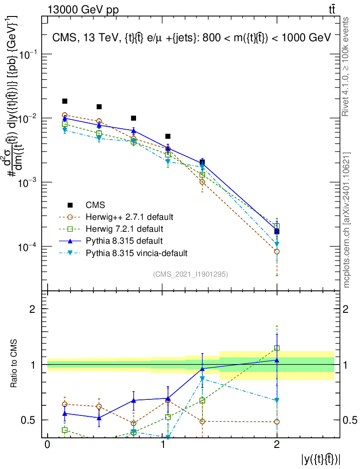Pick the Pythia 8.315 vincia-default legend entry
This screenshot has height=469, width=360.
click(136, 252)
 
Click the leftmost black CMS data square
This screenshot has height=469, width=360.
click(65, 101)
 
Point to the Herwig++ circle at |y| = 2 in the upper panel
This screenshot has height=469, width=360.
click(277, 251)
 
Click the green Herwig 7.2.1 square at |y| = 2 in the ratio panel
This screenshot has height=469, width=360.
click(277, 348)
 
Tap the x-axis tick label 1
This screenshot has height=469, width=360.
click(162, 446)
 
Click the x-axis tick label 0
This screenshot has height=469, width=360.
click(47, 446)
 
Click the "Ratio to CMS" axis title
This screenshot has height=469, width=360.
click(14, 365)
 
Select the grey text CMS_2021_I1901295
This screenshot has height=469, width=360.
click(191, 274)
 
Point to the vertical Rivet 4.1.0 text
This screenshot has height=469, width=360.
click(347, 66)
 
